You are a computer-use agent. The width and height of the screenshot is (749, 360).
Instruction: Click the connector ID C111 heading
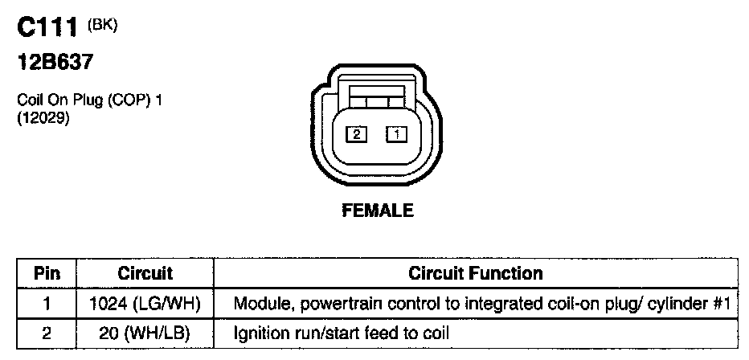coord(48,31)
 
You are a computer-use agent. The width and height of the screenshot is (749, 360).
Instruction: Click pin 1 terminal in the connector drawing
coord(397,135)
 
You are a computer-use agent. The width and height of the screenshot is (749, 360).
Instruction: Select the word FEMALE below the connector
coord(378,211)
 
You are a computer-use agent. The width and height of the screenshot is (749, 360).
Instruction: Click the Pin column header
coord(47,273)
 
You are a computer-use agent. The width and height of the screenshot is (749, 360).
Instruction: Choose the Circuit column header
coord(145,273)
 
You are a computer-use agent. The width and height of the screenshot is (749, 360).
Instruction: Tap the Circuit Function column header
coord(476,273)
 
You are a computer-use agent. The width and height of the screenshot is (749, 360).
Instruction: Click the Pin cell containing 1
coord(47,305)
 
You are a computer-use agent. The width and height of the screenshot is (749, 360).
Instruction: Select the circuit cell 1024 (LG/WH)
coord(145,305)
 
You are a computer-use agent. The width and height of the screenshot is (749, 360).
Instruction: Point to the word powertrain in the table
coord(322,305)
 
